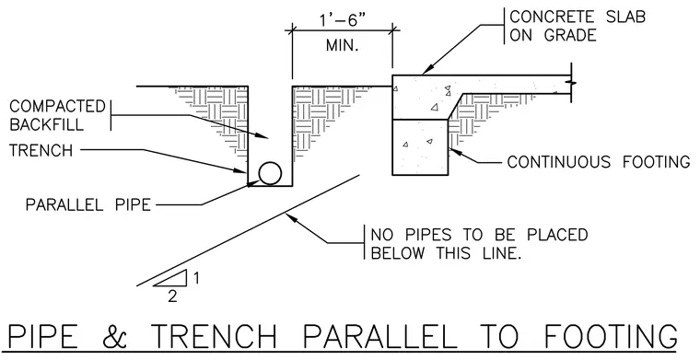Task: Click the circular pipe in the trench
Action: tap(270, 173)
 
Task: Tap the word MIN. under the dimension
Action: tap(342, 45)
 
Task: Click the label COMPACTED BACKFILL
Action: tap(57, 115)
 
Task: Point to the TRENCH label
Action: tap(41, 150)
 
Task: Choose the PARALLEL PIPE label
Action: tap(87, 204)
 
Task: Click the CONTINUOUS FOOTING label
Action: tap(598, 161)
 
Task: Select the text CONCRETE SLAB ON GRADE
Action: tap(577, 26)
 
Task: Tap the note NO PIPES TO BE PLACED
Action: tap(479, 235)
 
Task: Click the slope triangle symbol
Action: tap(171, 278)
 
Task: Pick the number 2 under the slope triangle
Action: tap(172, 296)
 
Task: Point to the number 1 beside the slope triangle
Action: tap(196, 278)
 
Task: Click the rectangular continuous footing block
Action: tap(420, 147)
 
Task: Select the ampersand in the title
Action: tap(115, 336)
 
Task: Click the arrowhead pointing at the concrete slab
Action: tap(426, 69)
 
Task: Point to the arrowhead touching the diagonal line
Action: tap(291, 217)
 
